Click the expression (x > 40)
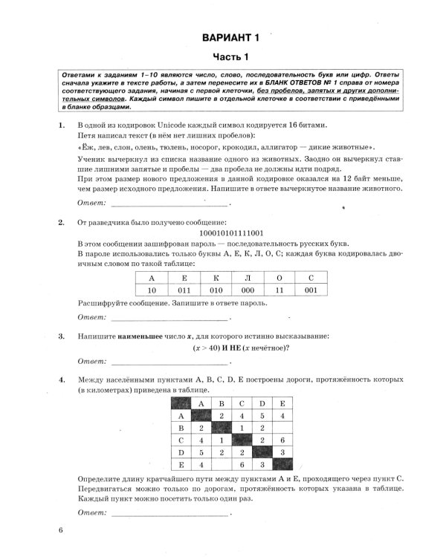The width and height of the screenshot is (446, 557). click(x=196, y=348)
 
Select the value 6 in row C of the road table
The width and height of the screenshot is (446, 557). click(x=283, y=440)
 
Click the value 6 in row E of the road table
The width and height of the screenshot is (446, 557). click(x=242, y=464)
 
